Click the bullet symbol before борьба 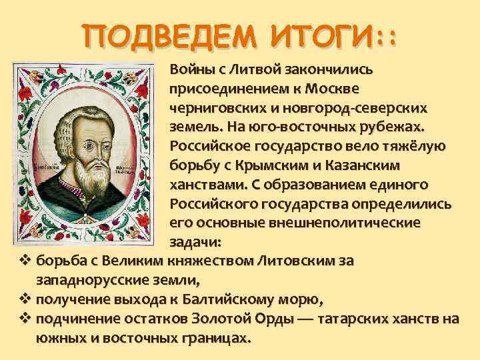(25, 260)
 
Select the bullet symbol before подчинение (25, 317)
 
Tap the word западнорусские (89, 279)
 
